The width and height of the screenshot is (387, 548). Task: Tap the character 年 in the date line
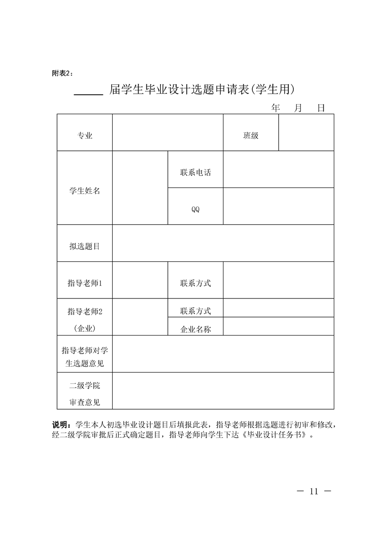coord(276,108)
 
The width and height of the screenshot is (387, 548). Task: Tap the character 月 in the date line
coord(298,108)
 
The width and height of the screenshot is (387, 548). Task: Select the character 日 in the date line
coord(321,108)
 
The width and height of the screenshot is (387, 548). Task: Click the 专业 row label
coord(84,136)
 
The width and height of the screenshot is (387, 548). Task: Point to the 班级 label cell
coord(251,136)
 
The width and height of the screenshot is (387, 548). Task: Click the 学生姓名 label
coord(84,191)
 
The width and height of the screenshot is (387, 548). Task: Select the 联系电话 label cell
coord(195,172)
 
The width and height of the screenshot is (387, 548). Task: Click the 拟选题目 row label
coord(84,246)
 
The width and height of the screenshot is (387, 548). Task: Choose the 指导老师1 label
coord(84,283)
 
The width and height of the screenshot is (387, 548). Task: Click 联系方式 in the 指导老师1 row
coord(195,283)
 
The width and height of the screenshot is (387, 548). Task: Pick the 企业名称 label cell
coord(195,329)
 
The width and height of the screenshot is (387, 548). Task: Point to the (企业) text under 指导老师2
coord(84,329)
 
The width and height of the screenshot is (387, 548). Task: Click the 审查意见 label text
coord(84,402)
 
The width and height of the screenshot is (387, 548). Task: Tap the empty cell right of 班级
coord(306,133)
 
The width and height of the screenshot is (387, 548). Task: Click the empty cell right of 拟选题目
coord(223,243)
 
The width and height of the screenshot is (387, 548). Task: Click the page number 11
coord(313,491)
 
